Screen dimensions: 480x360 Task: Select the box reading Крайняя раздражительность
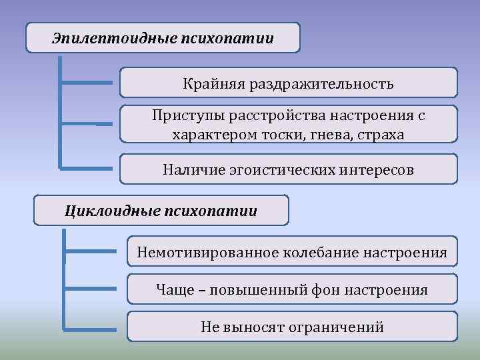click(x=289, y=84)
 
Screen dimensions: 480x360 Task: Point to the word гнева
click(x=330, y=134)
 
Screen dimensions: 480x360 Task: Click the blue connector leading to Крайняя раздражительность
click(x=87, y=83)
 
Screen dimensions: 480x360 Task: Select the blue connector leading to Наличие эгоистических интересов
click(x=87, y=167)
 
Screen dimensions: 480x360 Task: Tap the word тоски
click(x=287, y=134)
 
